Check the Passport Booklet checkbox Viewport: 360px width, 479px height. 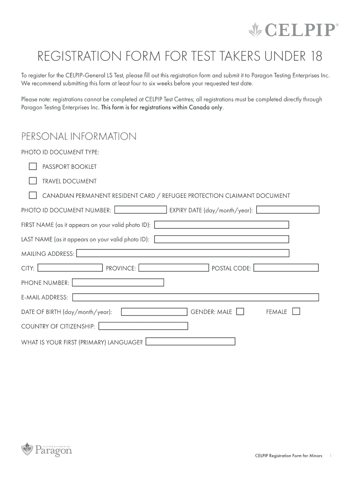(33, 166)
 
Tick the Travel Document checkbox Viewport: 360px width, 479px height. (33, 181)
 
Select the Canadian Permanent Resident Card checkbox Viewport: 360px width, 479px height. (33, 195)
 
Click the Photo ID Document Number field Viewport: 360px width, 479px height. (141, 210)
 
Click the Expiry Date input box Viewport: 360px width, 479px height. (288, 210)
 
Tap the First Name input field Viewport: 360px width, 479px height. (222, 225)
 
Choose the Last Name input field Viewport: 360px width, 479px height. (222, 239)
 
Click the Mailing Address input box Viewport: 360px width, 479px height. (183, 253)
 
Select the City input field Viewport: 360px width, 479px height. (70, 268)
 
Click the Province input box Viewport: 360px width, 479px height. (174, 268)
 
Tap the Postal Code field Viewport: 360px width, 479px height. (286, 268)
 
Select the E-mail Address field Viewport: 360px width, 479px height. (195, 297)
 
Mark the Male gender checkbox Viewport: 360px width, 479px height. (240, 312)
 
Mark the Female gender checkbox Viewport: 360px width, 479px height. (295, 312)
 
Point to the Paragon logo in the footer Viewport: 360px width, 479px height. (47, 450)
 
